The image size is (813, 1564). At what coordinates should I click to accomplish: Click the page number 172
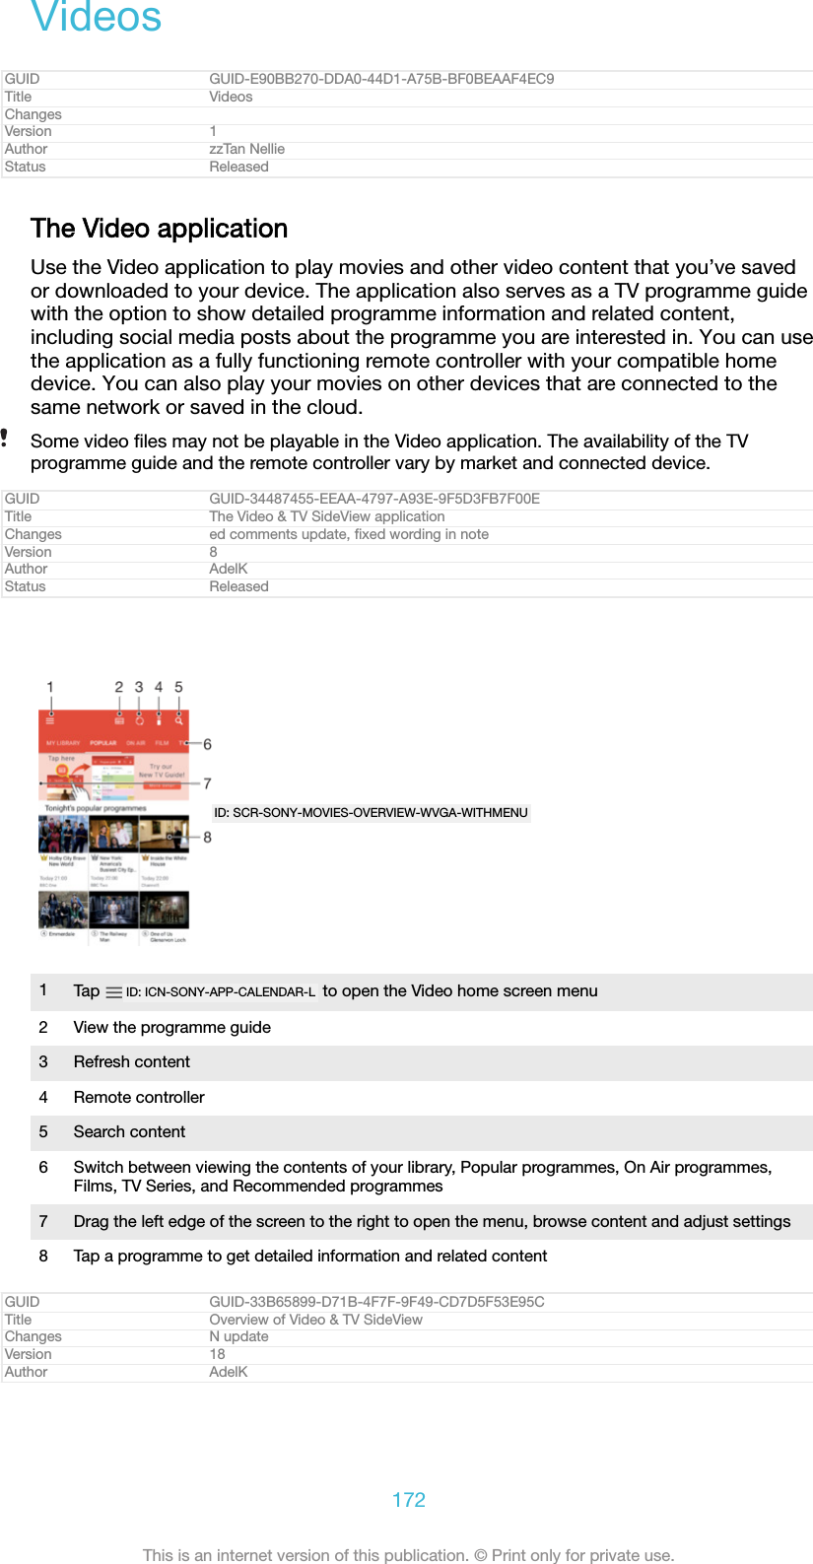tap(408, 1499)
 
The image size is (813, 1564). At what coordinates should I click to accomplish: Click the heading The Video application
tap(159, 229)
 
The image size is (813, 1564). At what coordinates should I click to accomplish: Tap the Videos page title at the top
tap(97, 17)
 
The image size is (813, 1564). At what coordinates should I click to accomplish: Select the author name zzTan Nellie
tap(246, 149)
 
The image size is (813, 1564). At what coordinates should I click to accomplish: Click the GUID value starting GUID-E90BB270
tap(380, 79)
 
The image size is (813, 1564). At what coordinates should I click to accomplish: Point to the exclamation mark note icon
tap(5, 438)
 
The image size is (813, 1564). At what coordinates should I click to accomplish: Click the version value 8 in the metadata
tap(213, 552)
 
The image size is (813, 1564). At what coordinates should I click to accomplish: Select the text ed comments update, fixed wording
tap(348, 534)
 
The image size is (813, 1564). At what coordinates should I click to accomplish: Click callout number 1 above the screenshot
tap(50, 687)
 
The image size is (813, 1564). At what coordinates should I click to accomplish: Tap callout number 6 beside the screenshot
tap(207, 744)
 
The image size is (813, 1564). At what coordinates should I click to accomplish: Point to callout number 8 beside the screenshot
tap(207, 837)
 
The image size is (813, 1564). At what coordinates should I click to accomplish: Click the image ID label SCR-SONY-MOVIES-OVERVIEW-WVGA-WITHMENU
tap(371, 813)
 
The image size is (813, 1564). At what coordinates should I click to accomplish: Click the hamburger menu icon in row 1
tap(113, 992)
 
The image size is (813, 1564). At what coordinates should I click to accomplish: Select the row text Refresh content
tap(131, 1061)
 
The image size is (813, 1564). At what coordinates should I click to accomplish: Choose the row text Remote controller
tap(139, 1097)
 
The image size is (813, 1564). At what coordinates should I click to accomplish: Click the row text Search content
tap(129, 1131)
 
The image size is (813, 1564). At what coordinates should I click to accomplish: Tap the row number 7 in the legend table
tap(43, 1221)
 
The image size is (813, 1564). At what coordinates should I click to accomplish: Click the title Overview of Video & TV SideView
tap(315, 1320)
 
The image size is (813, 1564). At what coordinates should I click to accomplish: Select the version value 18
tap(217, 1354)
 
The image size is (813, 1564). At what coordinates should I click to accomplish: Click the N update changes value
tap(238, 1336)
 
